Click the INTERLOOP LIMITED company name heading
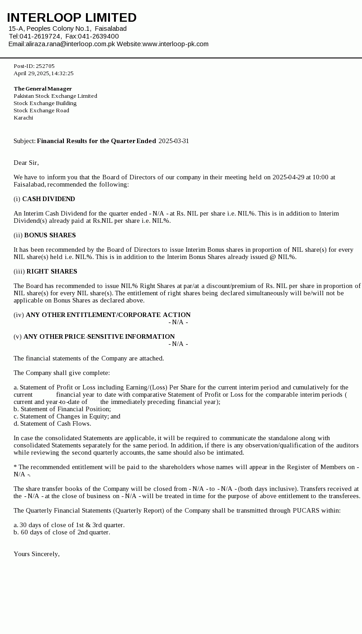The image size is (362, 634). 71,18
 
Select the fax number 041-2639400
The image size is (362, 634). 98,36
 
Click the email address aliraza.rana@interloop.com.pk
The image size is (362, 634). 71,44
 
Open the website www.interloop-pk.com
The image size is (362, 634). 176,44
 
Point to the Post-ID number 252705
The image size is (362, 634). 45,66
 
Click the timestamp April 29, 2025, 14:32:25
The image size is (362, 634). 43,73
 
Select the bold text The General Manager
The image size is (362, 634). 43,89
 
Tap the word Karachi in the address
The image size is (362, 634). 23,118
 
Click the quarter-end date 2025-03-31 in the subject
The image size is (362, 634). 174,141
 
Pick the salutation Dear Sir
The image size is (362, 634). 26,163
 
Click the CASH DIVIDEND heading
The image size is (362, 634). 48,199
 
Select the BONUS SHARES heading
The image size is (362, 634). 50,235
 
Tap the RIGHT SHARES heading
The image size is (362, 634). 52,271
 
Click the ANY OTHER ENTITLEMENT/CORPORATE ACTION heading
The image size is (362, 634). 108,315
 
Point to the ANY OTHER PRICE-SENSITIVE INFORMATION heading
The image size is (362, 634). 99,336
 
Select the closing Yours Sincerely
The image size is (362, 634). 37,554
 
